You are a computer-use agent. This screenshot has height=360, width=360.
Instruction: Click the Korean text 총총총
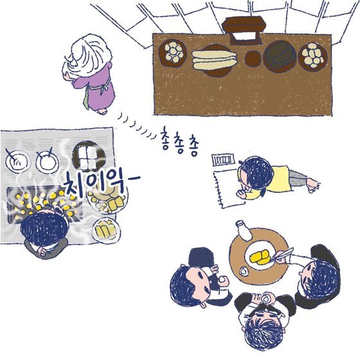click(180, 143)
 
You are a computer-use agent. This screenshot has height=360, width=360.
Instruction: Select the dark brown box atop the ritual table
click(245, 30)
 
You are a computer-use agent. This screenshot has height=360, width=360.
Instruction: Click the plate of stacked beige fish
click(215, 60)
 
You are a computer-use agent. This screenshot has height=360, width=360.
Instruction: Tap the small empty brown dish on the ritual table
click(253, 59)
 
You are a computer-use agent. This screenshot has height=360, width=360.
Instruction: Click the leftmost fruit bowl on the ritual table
click(173, 53)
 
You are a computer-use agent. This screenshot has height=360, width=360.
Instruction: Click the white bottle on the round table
click(244, 231)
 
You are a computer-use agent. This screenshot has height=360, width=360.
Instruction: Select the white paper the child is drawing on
click(228, 189)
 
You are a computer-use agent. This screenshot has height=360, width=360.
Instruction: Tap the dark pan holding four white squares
click(89, 156)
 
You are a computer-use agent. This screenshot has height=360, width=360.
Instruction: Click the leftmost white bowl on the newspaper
click(18, 161)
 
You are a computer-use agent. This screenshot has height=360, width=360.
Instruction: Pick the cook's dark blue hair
click(44, 229)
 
